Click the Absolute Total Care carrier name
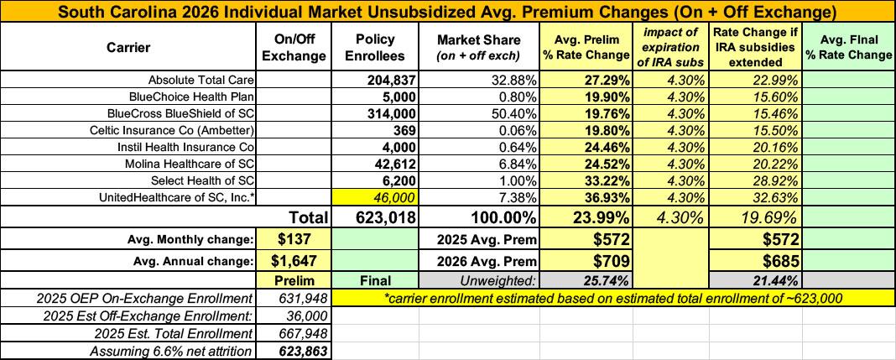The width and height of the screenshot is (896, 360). [x=201, y=79]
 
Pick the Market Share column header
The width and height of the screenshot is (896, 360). [x=479, y=48]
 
